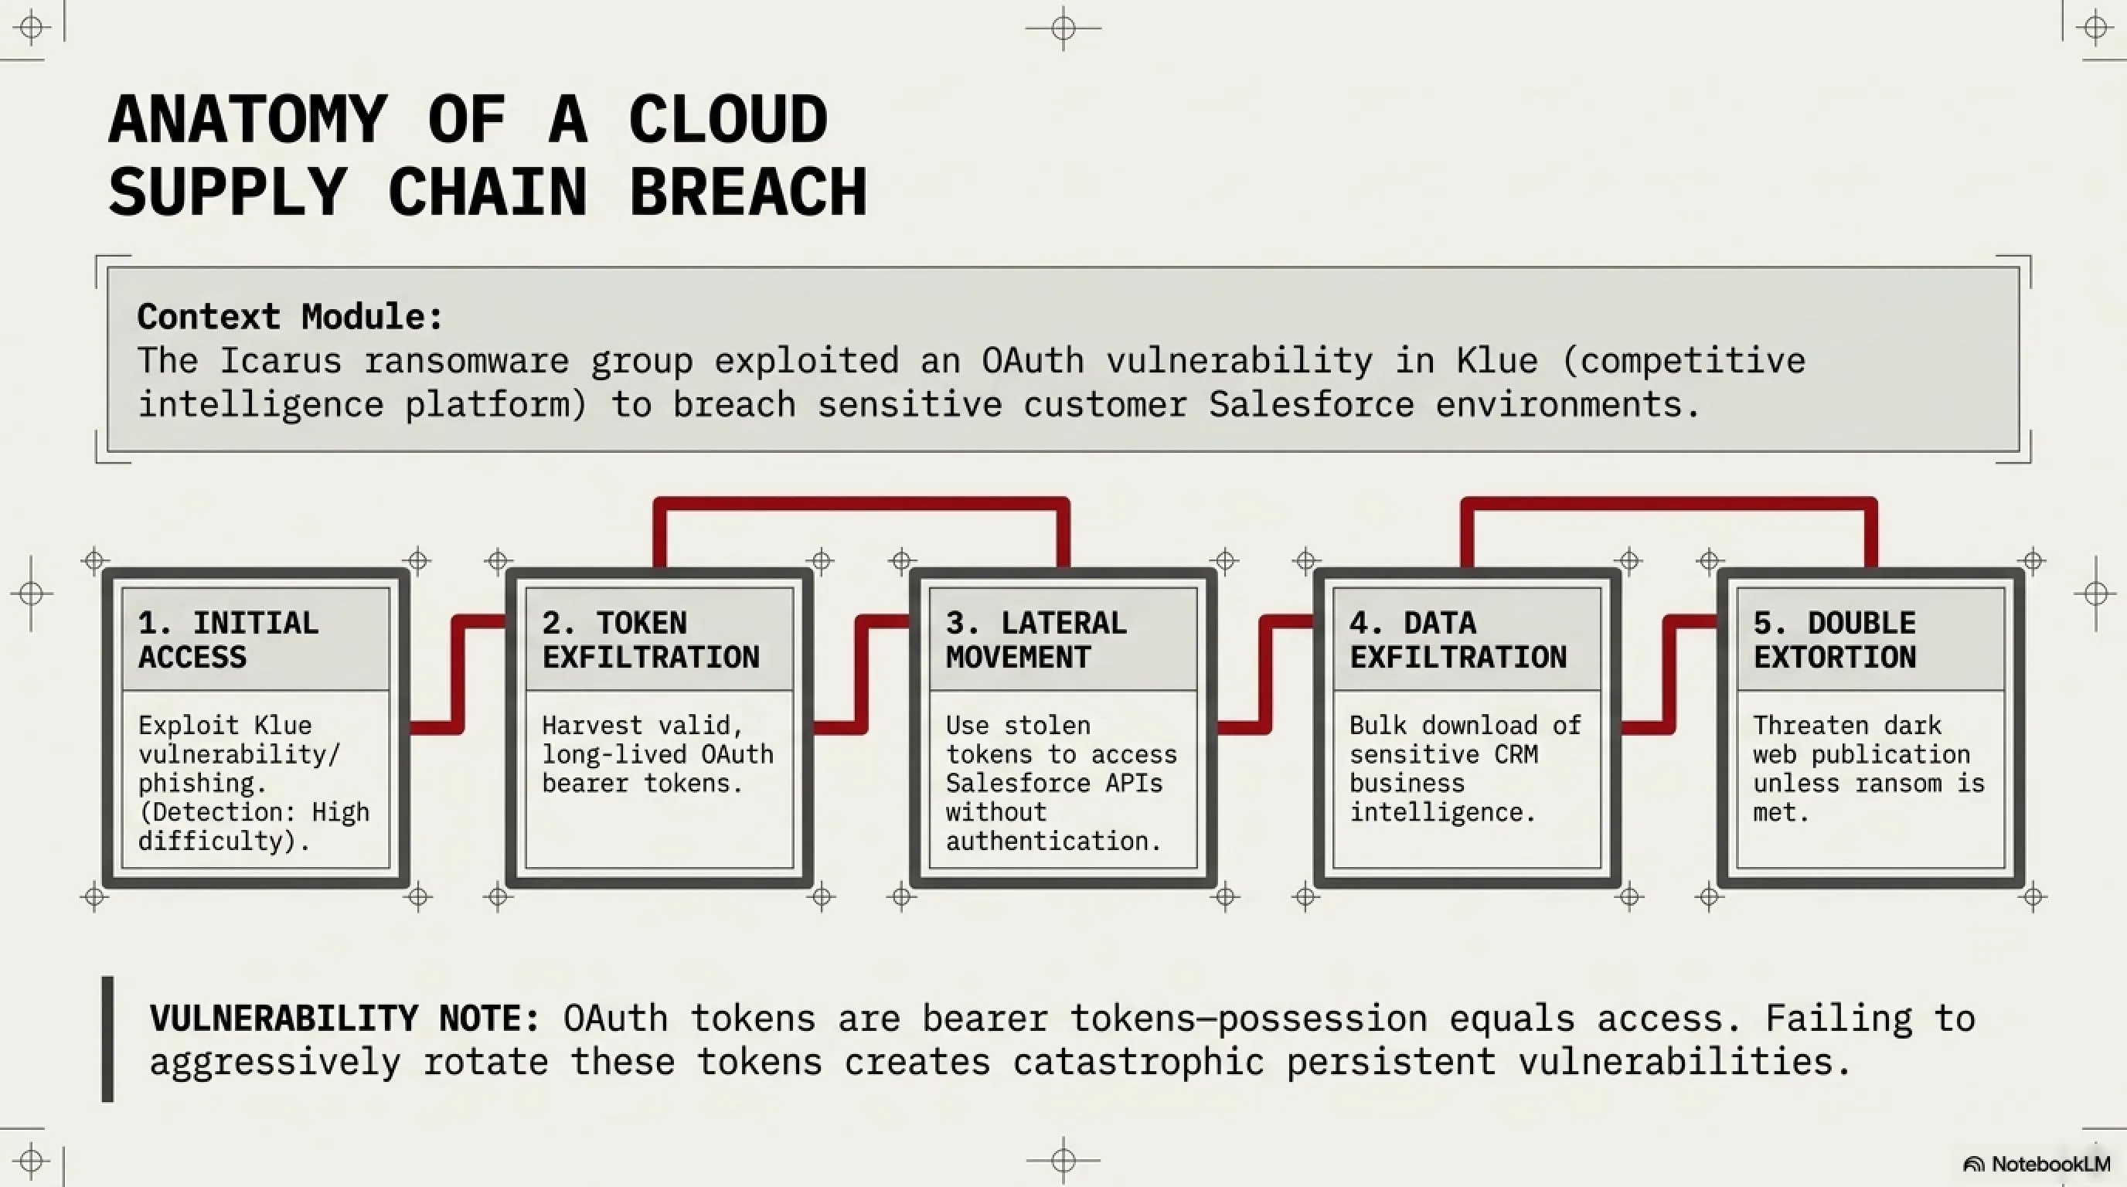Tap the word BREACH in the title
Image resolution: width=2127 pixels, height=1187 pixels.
click(x=748, y=192)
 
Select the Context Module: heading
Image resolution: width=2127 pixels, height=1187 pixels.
click(x=290, y=317)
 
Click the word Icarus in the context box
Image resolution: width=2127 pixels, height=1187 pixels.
click(x=281, y=361)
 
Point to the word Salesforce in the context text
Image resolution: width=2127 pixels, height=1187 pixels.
click(x=1311, y=404)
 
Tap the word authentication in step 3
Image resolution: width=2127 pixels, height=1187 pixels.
click(x=1053, y=841)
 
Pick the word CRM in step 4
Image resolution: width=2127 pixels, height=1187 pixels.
click(x=1516, y=754)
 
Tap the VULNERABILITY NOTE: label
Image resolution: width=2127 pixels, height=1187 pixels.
click(x=344, y=1018)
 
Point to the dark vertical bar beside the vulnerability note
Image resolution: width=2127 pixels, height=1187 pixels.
click(x=107, y=1039)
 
